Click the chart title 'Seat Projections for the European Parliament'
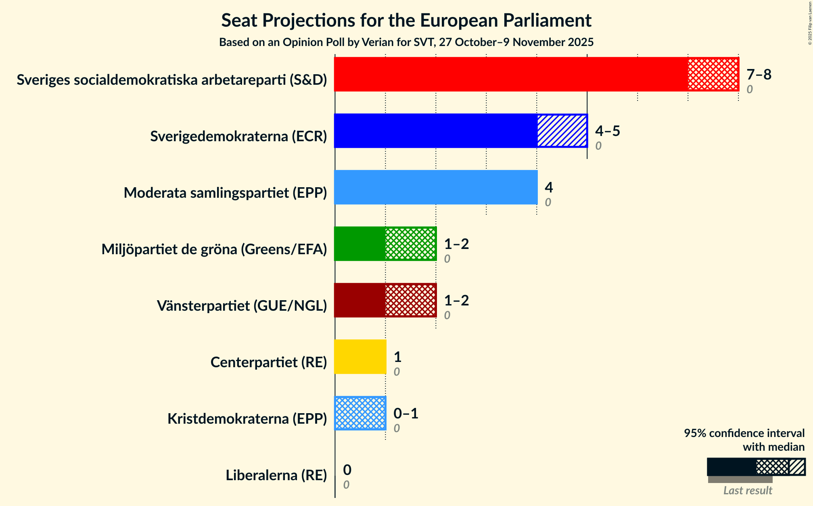coord(406,21)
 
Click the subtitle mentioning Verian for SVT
coord(406,42)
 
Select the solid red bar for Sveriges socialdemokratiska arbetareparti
coord(511,74)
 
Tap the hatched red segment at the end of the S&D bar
coord(713,74)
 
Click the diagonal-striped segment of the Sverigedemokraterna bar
coord(562,131)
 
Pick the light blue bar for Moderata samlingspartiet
coord(436,187)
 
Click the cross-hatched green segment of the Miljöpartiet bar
coord(410,244)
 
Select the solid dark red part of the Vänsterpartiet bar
coord(359,300)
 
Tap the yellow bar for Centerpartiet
coord(360,357)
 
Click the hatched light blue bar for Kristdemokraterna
coord(360,413)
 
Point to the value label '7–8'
coord(759,75)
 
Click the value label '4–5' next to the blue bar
coord(607,131)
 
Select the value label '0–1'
coord(405,414)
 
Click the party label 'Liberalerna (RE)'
coord(276,475)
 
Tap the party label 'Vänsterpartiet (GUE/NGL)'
coord(242,306)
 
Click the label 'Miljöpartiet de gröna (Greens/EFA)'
coord(214,249)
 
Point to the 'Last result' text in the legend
coord(747,490)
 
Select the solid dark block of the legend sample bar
coord(731,467)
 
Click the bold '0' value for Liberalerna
coord(347,470)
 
